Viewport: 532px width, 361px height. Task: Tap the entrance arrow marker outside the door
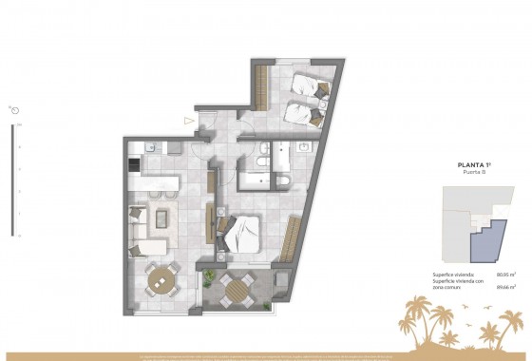190,121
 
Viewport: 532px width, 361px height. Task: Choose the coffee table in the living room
162,218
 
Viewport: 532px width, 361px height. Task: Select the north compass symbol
15,110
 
